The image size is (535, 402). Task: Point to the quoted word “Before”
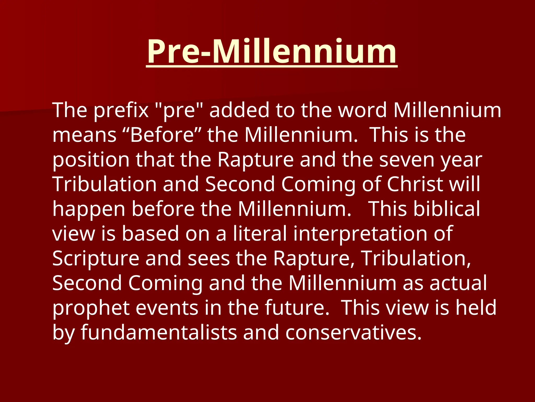coord(162,135)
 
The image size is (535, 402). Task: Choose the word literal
coord(260,233)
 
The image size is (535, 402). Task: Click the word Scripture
coord(96,259)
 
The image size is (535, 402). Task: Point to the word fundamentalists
coord(159,332)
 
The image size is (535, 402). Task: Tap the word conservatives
coord(353,332)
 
